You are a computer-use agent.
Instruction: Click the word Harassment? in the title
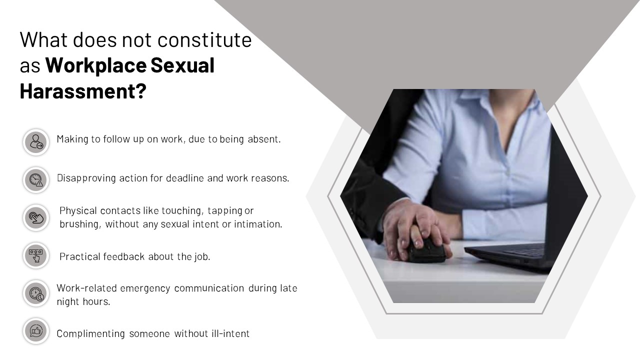(82, 91)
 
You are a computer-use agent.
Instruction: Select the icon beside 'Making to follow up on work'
(36, 142)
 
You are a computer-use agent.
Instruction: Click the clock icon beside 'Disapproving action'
(36, 180)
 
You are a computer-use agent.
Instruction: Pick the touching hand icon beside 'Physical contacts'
(36, 217)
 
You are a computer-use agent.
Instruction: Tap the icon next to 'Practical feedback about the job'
(36, 255)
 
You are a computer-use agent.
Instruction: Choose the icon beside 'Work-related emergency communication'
(36, 293)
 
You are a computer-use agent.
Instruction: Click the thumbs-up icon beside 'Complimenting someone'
(36, 330)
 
